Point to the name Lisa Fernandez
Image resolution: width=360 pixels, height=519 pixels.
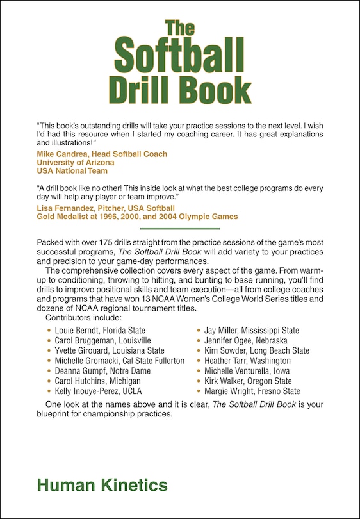coord(63,208)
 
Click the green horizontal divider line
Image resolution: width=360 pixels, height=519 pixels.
coord(180,228)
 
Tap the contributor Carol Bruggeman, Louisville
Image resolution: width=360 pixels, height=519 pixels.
coord(103,341)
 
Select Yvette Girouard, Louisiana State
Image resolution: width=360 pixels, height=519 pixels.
coord(110,351)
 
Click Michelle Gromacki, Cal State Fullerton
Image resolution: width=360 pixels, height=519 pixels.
coord(120,361)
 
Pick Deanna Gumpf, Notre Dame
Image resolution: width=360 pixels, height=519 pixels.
coord(102,371)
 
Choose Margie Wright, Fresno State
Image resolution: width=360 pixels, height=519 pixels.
coord(252,391)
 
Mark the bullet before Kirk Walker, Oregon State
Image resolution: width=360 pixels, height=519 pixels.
coord(199,381)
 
